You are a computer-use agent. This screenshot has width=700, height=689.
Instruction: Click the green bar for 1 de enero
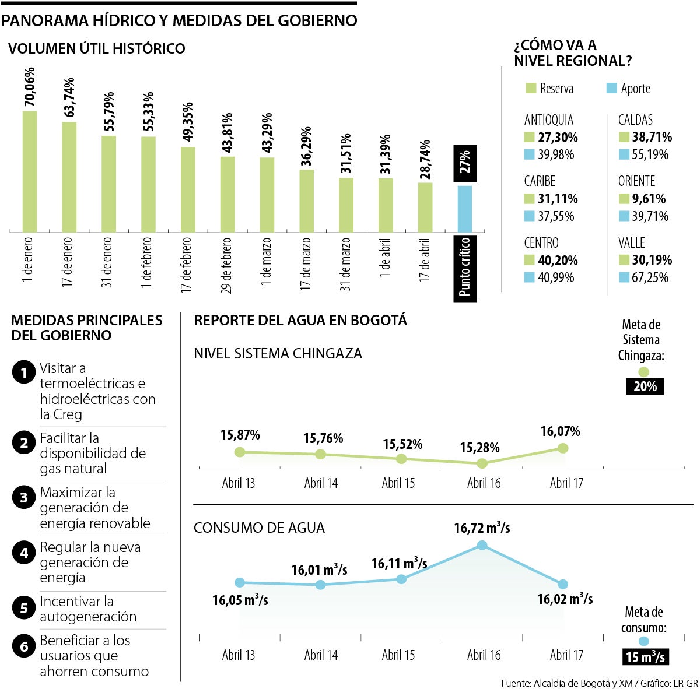[30, 171]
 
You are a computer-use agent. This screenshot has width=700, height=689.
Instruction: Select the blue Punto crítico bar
[465, 209]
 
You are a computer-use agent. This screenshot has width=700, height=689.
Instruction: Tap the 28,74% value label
[425, 159]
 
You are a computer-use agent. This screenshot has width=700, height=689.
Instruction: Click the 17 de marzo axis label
[306, 263]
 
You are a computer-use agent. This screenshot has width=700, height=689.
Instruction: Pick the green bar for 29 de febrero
[228, 194]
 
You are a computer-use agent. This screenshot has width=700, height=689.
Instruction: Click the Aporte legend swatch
[611, 89]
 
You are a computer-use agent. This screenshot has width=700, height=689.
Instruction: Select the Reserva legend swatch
[531, 89]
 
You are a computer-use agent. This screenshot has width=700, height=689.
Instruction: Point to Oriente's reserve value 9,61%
[649, 199]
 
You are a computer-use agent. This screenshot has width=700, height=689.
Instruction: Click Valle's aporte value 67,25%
[650, 277]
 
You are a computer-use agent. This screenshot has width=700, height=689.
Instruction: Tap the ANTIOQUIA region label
[548, 120]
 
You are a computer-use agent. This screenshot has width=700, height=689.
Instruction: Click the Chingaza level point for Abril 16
[482, 463]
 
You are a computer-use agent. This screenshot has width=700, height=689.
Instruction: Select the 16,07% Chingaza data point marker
[563, 448]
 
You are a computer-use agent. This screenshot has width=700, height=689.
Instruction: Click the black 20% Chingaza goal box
[645, 386]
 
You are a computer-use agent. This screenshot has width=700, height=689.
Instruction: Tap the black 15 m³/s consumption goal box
[645, 657]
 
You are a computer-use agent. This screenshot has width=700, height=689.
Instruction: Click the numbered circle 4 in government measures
[24, 553]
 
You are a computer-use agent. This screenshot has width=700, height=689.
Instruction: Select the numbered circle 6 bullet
[24, 646]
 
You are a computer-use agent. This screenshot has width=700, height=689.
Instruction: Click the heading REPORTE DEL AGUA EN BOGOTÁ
[300, 320]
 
